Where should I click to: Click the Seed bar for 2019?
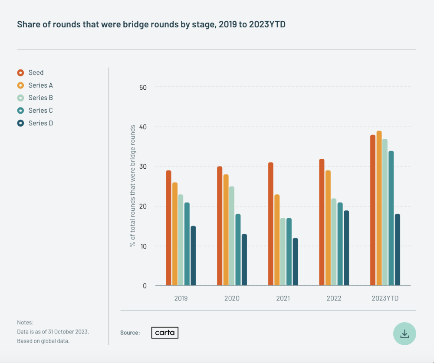click(x=168, y=228)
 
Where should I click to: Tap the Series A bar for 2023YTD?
click(x=379, y=208)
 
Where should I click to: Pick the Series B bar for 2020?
click(x=232, y=236)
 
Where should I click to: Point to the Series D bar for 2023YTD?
click(x=397, y=250)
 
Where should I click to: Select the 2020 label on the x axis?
click(x=232, y=298)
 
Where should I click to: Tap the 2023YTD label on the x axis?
click(x=385, y=298)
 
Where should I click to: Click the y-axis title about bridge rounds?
click(x=133, y=186)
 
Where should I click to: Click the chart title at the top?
click(x=151, y=24)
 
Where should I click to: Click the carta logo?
click(x=165, y=333)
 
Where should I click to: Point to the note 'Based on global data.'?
click(x=43, y=341)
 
